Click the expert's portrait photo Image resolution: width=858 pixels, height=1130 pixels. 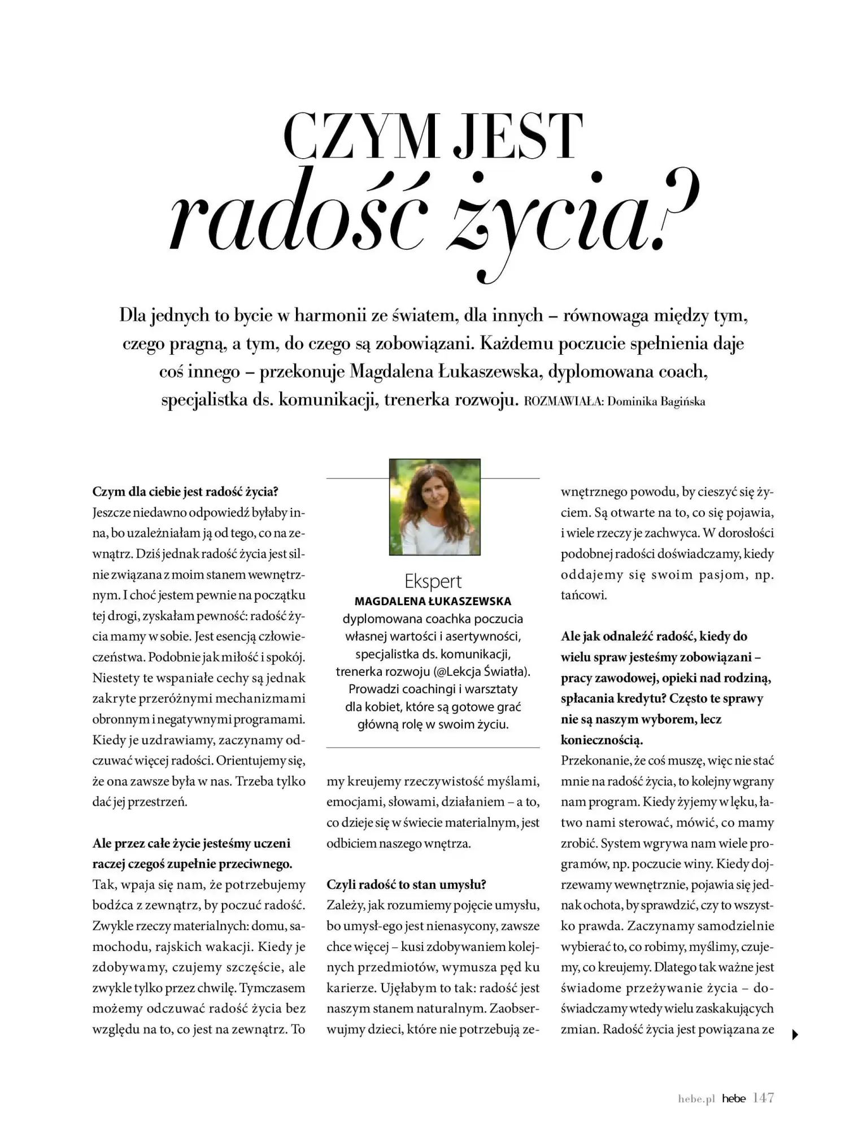[x=434, y=507]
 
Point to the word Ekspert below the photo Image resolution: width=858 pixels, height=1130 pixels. [x=433, y=581]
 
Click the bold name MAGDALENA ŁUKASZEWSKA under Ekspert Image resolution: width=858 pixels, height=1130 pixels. [x=433, y=601]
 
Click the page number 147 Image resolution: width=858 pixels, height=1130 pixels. [x=763, y=1098]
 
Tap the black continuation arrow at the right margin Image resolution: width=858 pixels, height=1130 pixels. [x=796, y=1035]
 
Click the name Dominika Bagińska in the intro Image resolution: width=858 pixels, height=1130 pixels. [x=656, y=402]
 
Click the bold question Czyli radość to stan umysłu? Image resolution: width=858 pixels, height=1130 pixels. [x=407, y=884]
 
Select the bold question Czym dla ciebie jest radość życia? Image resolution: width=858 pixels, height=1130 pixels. [x=186, y=492]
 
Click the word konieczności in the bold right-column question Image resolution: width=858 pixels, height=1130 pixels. [x=601, y=740]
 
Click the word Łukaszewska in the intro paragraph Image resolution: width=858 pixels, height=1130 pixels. [x=490, y=372]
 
